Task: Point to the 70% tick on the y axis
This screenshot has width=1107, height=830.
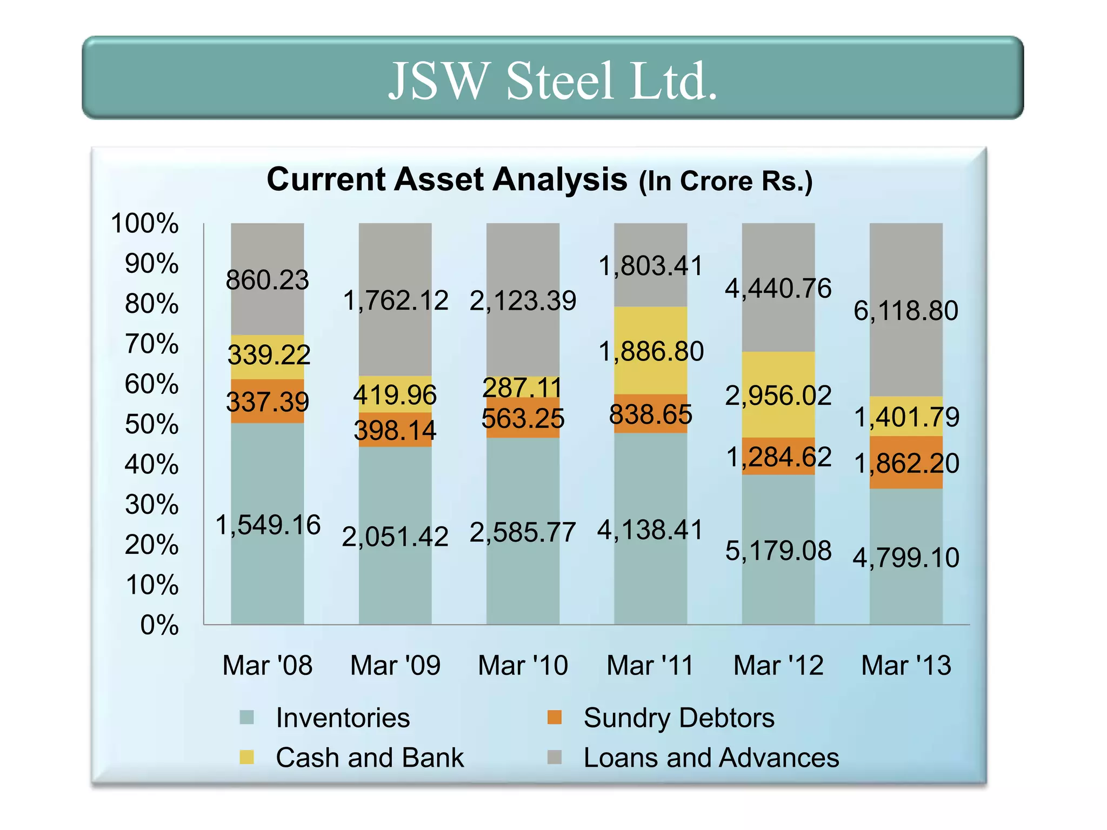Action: [x=151, y=344]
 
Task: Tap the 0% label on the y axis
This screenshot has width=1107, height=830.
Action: [x=159, y=625]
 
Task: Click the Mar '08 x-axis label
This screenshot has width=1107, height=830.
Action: [x=267, y=665]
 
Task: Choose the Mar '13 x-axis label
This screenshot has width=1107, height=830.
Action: [x=906, y=665]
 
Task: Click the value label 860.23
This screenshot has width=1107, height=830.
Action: [x=267, y=280]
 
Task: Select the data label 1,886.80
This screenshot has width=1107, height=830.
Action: [x=651, y=352]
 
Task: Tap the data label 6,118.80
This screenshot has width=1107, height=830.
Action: [x=906, y=311]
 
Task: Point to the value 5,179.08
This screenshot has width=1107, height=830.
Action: [x=778, y=551]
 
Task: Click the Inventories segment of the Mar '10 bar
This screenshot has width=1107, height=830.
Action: [x=523, y=584]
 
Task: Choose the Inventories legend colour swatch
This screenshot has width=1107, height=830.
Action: [x=246, y=718]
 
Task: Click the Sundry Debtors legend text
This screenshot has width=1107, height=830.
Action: [x=679, y=718]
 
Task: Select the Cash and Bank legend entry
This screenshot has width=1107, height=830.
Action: [x=370, y=758]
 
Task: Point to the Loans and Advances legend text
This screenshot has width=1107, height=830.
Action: [x=711, y=758]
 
